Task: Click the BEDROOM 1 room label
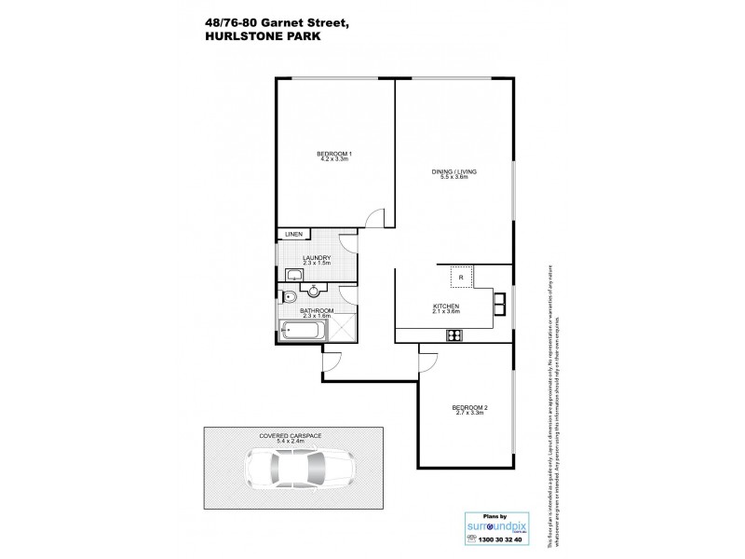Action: point(332,155)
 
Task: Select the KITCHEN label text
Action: point(446,307)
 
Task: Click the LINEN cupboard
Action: point(293,235)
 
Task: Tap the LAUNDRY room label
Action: point(317,260)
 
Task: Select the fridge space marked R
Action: point(459,277)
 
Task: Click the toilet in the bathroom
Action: point(288,297)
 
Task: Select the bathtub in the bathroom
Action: point(304,330)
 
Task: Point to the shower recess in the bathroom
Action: point(343,330)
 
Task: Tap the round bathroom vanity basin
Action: point(315,290)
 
